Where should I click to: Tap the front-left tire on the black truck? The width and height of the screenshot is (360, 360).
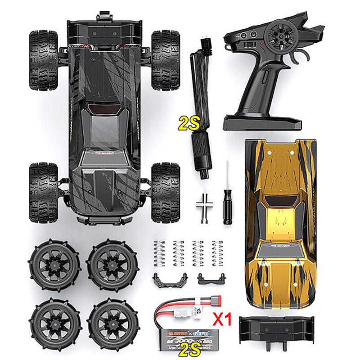(x=44, y=60)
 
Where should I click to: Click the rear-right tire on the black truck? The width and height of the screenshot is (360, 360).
(x=165, y=192)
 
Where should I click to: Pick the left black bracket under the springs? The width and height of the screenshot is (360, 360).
(x=164, y=279)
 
